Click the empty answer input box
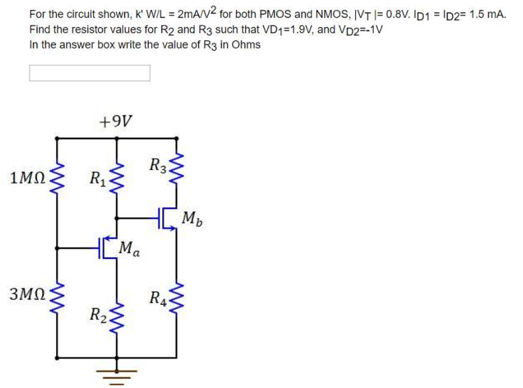click(90, 73)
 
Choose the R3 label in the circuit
click(158, 166)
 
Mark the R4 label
click(158, 298)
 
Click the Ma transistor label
click(128, 248)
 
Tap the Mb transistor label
click(193, 219)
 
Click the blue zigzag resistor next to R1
click(116, 178)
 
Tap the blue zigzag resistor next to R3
click(176, 167)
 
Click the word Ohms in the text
click(246, 45)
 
